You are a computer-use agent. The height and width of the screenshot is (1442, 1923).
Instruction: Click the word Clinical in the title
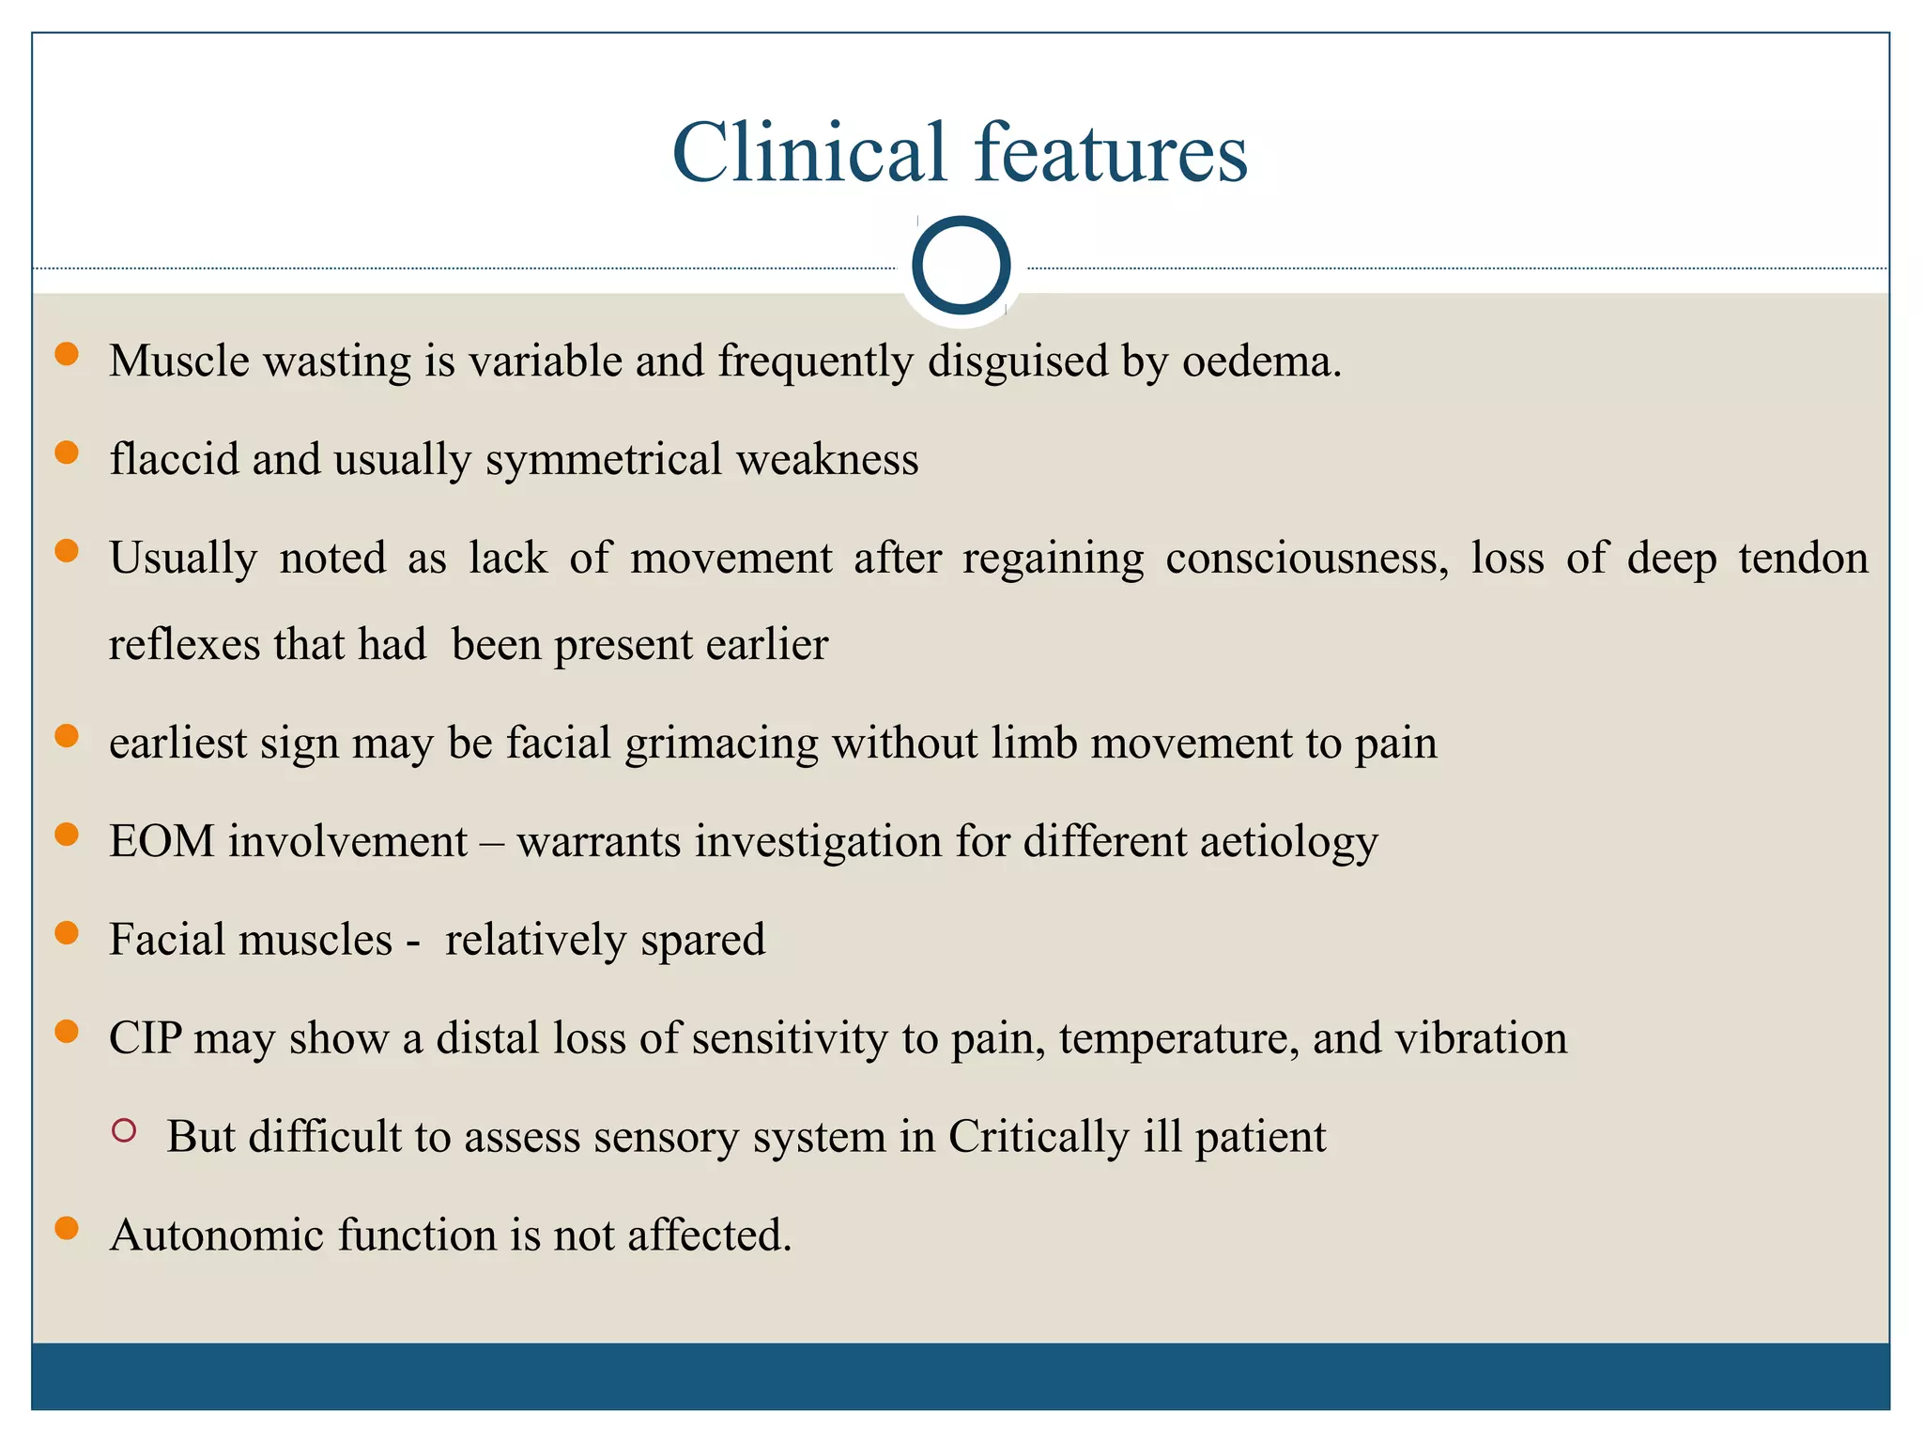[808, 152]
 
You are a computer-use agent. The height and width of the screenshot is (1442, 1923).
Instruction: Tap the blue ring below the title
[961, 266]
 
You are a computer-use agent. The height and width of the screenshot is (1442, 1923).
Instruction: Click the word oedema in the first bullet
[1261, 361]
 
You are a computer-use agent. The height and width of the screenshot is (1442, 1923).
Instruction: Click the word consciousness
[1307, 559]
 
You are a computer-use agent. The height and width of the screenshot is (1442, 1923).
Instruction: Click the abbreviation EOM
[162, 841]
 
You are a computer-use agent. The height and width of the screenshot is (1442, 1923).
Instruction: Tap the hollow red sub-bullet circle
[124, 1130]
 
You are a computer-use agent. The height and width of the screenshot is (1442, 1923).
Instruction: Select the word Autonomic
[217, 1235]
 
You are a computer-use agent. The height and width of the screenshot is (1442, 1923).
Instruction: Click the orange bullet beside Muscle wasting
[67, 354]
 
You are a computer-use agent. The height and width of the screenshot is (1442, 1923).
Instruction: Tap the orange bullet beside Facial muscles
[67, 932]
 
